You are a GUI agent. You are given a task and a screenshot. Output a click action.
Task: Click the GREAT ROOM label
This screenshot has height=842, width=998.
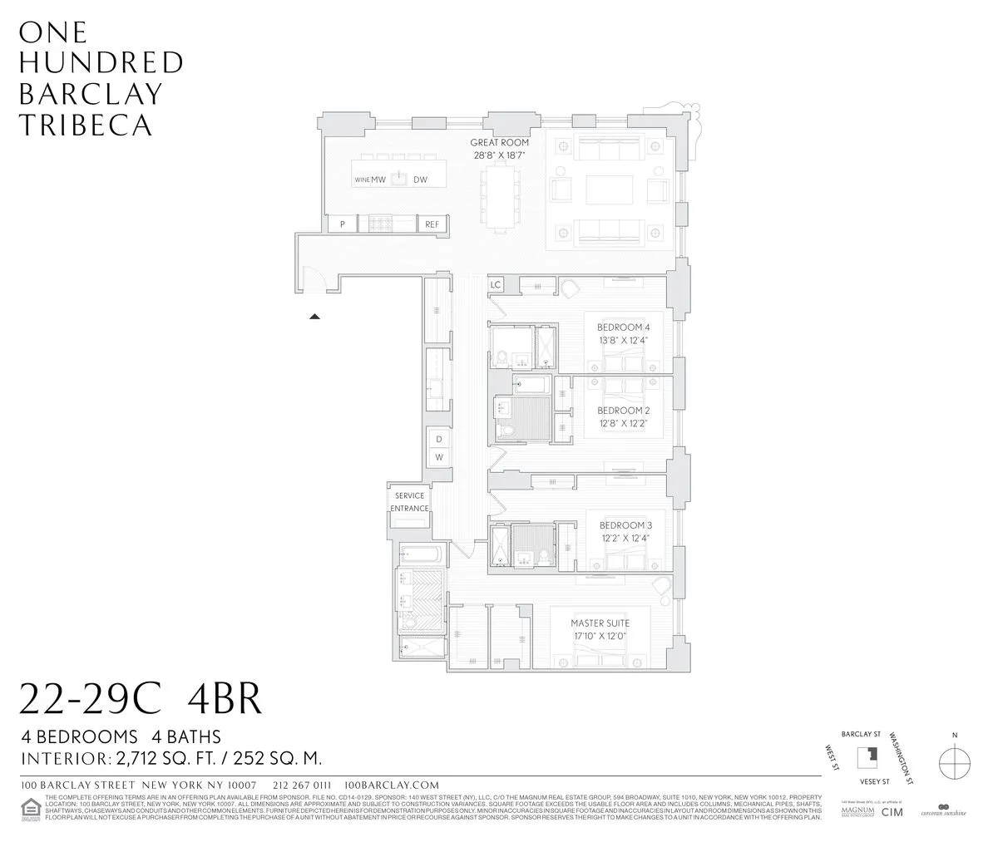[x=500, y=143]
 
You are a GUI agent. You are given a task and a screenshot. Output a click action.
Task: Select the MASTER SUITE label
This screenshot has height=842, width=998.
[x=599, y=623]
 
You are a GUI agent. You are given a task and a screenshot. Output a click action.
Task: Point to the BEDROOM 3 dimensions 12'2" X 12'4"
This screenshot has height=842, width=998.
[x=623, y=538]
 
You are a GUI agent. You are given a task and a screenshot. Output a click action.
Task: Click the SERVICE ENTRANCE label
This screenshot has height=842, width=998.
[x=410, y=502]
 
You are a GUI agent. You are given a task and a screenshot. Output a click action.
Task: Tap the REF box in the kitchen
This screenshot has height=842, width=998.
[x=432, y=224]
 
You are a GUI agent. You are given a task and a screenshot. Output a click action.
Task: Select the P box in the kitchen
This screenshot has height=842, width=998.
[x=341, y=224]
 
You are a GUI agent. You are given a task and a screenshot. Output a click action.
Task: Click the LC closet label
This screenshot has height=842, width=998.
[x=496, y=285]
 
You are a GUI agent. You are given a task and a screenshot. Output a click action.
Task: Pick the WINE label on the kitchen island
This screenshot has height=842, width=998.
[x=362, y=180]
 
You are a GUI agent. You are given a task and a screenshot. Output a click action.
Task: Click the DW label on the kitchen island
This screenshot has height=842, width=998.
[x=421, y=180]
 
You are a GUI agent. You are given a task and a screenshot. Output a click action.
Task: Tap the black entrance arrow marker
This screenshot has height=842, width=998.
[x=314, y=316]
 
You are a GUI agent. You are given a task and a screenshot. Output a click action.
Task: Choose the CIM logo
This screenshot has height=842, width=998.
[x=892, y=812]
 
